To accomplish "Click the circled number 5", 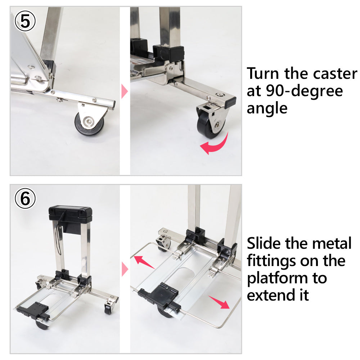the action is [x=25, y=21].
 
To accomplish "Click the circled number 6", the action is [x=25, y=198].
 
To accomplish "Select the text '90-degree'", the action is [x=304, y=91].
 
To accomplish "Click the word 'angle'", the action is [x=267, y=108].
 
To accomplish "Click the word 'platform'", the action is [x=277, y=279].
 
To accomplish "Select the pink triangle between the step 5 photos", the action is [x=124, y=91].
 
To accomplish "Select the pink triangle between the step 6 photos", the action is [x=125, y=269].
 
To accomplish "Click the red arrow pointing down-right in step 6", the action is [x=219, y=302].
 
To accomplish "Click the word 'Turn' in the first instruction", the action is [x=263, y=74].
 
